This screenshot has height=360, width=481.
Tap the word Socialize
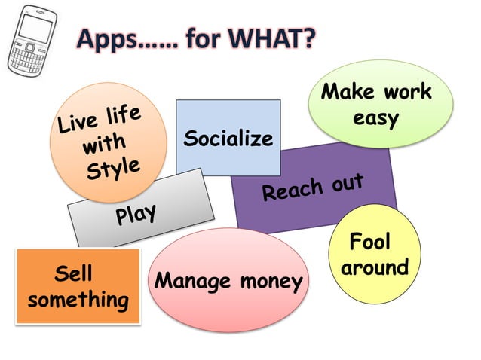228,139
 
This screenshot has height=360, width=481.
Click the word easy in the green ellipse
375,118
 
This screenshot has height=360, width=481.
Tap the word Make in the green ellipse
348,93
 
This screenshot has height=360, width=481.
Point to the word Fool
370,243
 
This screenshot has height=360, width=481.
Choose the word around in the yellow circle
375,267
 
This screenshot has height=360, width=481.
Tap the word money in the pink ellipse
272,282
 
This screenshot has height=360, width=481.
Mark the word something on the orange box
78,299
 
